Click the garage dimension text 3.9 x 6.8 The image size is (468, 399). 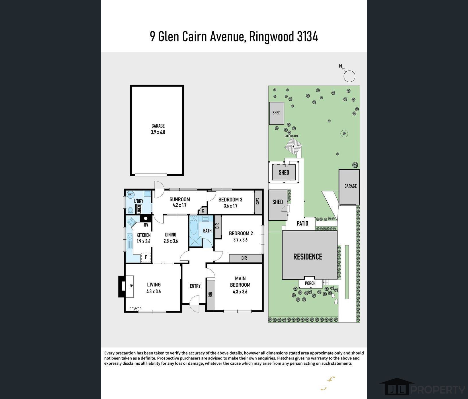[158, 132]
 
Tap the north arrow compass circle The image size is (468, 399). [349, 76]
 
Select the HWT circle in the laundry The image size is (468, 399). [130, 194]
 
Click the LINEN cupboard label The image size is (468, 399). [139, 209]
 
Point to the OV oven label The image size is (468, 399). [146, 225]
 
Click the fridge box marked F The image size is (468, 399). [146, 257]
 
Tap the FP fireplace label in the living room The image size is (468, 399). [131, 286]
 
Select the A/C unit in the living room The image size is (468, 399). [135, 309]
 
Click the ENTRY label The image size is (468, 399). [195, 286]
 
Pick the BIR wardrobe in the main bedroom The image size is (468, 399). [211, 295]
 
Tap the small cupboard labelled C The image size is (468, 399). [203, 211]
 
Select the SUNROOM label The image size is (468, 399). [180, 199]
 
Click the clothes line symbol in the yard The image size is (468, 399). [293, 146]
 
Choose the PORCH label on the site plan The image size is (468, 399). [310, 283]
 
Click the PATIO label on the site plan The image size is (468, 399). [302, 223]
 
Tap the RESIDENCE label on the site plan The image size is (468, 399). [308, 257]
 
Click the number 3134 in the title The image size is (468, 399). [307, 37]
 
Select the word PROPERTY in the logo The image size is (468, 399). [438, 390]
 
